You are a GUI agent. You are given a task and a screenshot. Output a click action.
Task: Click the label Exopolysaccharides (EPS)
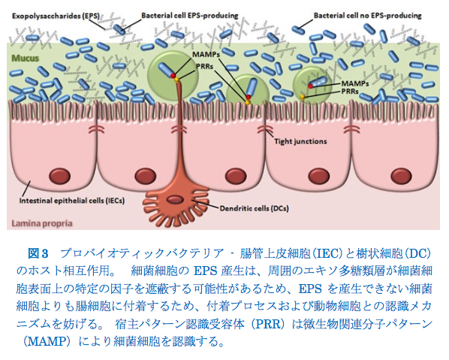pos(56,16)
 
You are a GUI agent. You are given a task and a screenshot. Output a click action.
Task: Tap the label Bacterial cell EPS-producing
pos(189,16)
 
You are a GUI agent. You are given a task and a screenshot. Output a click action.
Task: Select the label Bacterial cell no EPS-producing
pos(367,16)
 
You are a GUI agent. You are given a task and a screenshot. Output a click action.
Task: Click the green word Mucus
pos(26,58)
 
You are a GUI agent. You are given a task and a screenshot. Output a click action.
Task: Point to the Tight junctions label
pos(300,141)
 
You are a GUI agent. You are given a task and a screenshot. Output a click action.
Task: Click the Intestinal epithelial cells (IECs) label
pos(72,201)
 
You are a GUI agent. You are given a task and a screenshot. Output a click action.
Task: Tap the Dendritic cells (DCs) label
pos(254,208)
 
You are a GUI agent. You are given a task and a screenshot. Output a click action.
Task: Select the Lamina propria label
pos(42,223)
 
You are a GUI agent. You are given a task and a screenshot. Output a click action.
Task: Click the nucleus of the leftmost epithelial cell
pos(60,176)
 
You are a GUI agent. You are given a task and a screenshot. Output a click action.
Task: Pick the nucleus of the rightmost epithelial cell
pos(401,176)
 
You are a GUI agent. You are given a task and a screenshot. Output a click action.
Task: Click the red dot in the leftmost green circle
pos(173,75)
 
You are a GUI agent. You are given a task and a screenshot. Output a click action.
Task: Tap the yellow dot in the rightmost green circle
pos(302,97)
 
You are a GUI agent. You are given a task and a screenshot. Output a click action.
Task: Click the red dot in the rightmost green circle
pos(310,86)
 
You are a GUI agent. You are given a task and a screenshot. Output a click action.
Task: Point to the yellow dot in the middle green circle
pos(248,101)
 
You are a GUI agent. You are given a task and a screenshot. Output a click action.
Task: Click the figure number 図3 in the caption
pos(38,253)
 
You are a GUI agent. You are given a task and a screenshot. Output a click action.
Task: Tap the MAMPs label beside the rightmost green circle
pos(355,83)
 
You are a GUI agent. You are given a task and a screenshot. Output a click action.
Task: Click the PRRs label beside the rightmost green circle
pos(350,92)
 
